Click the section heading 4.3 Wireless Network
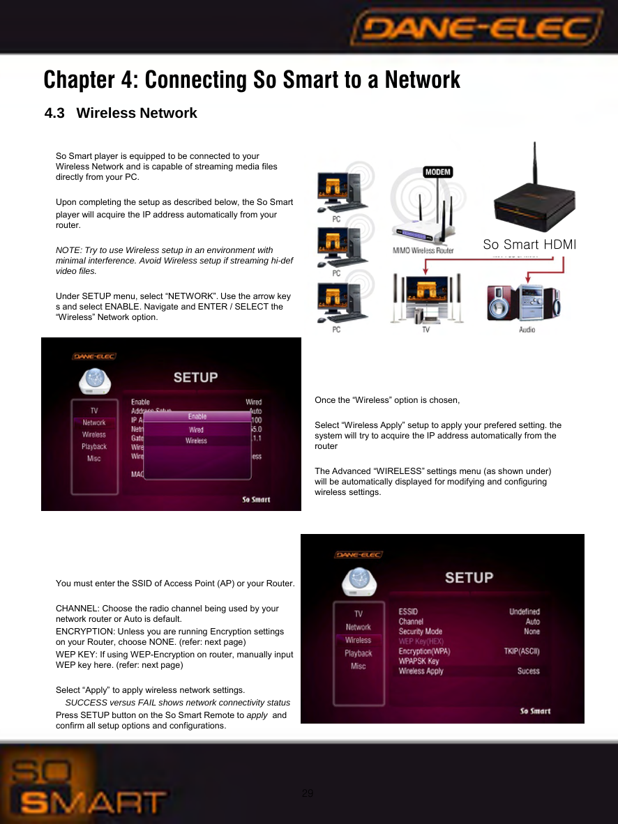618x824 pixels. [121, 113]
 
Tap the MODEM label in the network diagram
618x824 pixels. [437, 172]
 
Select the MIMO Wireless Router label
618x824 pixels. [422, 250]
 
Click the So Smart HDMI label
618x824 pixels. [529, 245]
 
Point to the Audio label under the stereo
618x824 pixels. [527, 329]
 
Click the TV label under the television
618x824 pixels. [426, 329]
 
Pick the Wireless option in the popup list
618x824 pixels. [196, 441]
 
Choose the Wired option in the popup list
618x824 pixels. [197, 429]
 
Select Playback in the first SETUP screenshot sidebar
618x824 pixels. [94, 446]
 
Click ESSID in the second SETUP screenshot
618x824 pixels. [408, 611]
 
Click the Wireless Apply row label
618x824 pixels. [421, 671]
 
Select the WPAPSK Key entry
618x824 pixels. [419, 661]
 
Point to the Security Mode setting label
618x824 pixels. [420, 631]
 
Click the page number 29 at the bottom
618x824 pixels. [308, 793]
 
